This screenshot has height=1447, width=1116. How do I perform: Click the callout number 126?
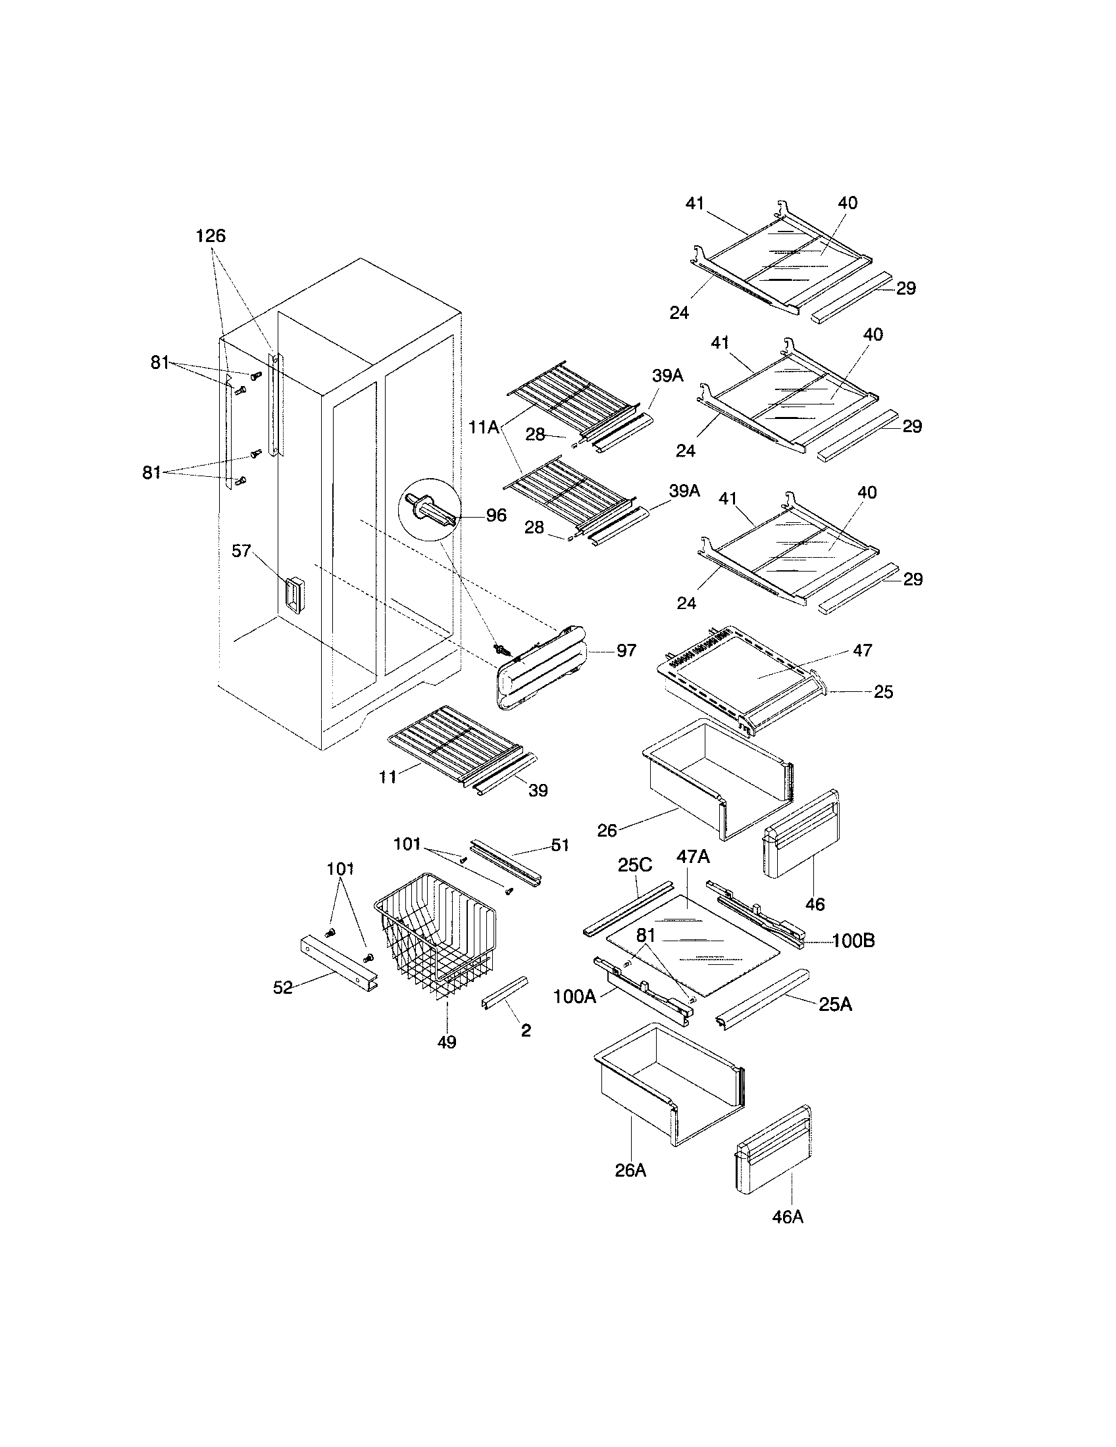[x=211, y=236]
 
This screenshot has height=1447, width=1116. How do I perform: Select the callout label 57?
[x=241, y=551]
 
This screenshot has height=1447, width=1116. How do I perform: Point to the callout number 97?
[x=626, y=650]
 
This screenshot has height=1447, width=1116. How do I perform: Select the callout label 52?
[x=283, y=987]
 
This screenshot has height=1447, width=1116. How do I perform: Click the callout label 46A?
[x=787, y=1216]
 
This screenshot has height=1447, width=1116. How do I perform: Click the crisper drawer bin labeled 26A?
[x=669, y=1087]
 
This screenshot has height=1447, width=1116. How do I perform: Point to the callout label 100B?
[x=853, y=941]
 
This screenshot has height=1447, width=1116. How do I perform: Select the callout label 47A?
[x=692, y=856]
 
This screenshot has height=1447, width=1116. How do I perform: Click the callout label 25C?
[x=635, y=866]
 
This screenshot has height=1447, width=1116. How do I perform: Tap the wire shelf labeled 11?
[x=451, y=739]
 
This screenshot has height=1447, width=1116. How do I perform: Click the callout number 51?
[x=560, y=845]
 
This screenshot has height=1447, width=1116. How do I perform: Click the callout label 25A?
[x=835, y=1004]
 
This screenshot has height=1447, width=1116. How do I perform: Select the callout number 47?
[x=862, y=650]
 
